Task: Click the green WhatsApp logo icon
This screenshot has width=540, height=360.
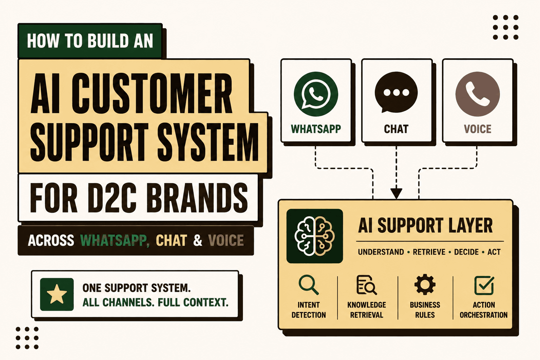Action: (x=316, y=94)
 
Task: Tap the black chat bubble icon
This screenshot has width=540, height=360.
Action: (x=396, y=92)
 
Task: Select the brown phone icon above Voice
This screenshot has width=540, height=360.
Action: (x=477, y=94)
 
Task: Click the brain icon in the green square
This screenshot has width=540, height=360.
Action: (x=315, y=236)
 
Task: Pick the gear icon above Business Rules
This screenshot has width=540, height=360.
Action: (x=425, y=284)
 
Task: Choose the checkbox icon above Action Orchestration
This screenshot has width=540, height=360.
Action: (x=484, y=285)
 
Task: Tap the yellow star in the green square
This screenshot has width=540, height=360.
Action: (x=57, y=294)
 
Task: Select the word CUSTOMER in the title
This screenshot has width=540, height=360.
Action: (x=152, y=93)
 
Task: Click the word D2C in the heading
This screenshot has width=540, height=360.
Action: (x=112, y=198)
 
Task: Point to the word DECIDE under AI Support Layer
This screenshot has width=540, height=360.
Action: (x=467, y=252)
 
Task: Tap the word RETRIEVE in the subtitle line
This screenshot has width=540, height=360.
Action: (x=429, y=252)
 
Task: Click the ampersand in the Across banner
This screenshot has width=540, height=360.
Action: (x=198, y=240)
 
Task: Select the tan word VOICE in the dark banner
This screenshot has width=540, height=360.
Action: (x=226, y=240)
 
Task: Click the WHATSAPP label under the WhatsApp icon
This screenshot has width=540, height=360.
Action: (x=316, y=129)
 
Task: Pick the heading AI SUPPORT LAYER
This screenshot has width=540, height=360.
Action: (x=425, y=225)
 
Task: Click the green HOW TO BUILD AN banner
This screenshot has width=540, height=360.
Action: (x=90, y=41)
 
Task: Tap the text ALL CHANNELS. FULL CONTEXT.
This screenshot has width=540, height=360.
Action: (x=155, y=302)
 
